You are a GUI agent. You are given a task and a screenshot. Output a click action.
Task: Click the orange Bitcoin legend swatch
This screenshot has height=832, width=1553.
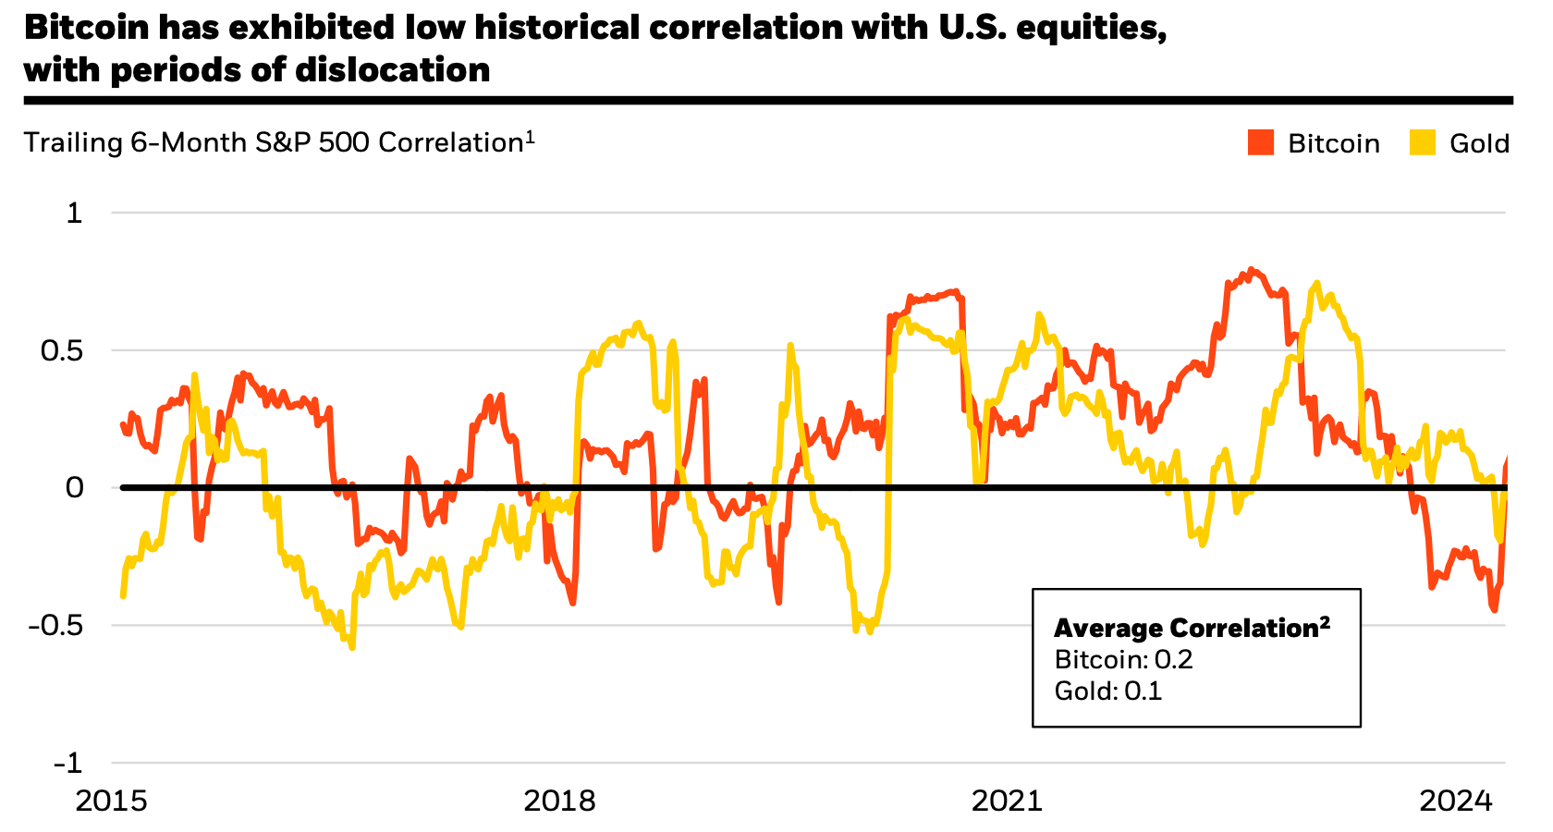1261,143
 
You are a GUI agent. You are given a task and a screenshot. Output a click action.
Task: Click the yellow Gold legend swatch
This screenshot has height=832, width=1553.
1423,143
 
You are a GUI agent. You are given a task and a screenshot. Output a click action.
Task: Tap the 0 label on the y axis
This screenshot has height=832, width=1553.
74,487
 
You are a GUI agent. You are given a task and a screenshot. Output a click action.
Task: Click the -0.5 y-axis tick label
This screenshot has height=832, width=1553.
55,625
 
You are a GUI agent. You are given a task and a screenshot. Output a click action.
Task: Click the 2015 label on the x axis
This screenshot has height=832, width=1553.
111,801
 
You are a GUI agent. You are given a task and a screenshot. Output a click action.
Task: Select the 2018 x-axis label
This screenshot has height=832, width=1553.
559,801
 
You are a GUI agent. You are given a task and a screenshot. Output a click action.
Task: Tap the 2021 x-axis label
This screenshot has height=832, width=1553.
1008,801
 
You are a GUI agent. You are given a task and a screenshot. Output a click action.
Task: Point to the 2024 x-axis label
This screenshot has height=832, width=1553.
1456,801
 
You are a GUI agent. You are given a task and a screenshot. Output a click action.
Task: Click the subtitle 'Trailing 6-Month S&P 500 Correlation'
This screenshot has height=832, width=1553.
274,143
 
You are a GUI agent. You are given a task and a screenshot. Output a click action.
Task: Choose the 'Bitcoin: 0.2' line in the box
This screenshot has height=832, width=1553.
1123,660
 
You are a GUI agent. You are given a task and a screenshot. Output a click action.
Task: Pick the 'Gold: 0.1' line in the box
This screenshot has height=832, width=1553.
1107,691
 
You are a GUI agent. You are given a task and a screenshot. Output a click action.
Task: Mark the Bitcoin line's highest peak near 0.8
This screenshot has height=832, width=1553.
1252,270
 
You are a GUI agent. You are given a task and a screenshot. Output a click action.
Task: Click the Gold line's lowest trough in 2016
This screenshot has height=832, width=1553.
352,646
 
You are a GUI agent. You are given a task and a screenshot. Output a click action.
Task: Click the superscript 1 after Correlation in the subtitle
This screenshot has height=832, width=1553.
531,137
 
